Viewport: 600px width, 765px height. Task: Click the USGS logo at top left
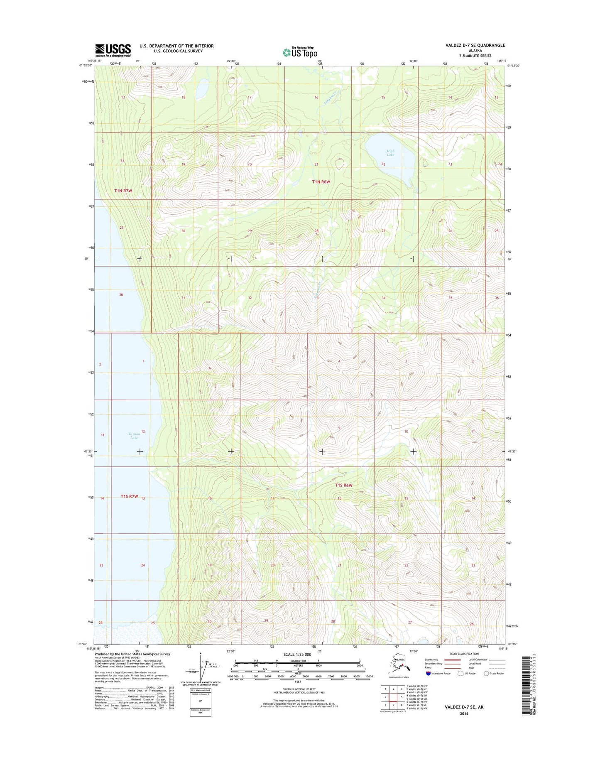113,50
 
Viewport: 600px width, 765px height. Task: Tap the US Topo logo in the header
300,52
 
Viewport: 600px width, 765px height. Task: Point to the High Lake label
390,153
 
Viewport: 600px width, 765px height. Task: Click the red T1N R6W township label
321,182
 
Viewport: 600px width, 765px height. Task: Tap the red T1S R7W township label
129,496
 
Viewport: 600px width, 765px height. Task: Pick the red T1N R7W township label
123,191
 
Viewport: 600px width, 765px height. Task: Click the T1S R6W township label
343,485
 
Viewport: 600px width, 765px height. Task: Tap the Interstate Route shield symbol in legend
428,673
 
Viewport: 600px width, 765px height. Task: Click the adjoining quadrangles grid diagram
393,697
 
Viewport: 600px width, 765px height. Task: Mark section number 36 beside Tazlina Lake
121,295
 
